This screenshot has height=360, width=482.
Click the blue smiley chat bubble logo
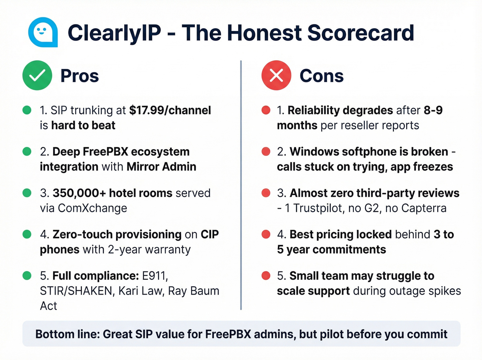(x=43, y=32)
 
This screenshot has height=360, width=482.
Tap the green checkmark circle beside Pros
(x=37, y=75)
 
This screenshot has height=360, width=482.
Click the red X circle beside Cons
(x=276, y=75)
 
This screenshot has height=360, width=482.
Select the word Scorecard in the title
(x=360, y=33)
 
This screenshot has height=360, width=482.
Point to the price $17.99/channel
(x=170, y=110)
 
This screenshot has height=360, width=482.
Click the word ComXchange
(x=92, y=208)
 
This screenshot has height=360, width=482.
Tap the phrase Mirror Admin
(x=161, y=167)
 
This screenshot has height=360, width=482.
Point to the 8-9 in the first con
(x=433, y=110)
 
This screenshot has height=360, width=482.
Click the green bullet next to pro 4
(x=27, y=234)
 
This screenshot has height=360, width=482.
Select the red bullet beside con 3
(x=266, y=193)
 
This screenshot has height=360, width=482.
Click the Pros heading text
(x=80, y=76)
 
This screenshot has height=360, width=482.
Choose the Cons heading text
(x=322, y=76)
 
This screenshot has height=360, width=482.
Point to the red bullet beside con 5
(x=266, y=276)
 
